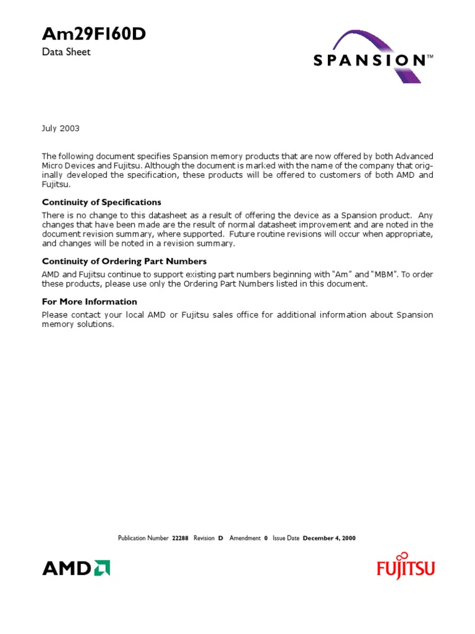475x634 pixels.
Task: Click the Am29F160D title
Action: (x=93, y=35)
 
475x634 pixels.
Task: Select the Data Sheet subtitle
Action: (x=66, y=52)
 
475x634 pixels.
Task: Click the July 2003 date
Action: (x=61, y=128)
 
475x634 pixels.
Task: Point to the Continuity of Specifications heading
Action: (x=101, y=202)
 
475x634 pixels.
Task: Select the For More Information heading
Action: (x=90, y=302)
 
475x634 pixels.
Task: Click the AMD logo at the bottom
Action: (x=75, y=567)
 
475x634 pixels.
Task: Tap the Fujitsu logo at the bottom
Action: (x=406, y=566)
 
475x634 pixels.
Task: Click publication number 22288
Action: (x=180, y=538)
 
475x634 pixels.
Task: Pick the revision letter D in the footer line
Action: (x=220, y=538)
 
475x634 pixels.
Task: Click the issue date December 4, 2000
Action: (x=329, y=538)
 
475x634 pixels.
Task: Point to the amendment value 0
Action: (x=266, y=538)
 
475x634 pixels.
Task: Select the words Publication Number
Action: (x=143, y=538)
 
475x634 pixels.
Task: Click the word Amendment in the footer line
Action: (x=245, y=538)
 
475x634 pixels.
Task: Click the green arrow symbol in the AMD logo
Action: (x=102, y=567)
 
